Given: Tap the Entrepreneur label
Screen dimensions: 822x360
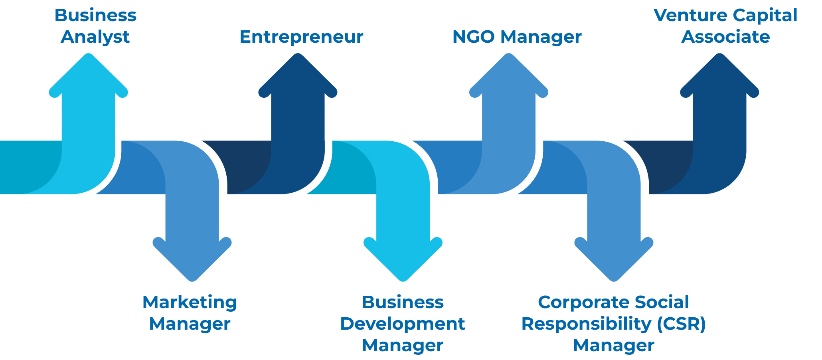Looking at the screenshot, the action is click(x=301, y=37).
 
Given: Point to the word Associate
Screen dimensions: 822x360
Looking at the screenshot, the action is click(x=725, y=37).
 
